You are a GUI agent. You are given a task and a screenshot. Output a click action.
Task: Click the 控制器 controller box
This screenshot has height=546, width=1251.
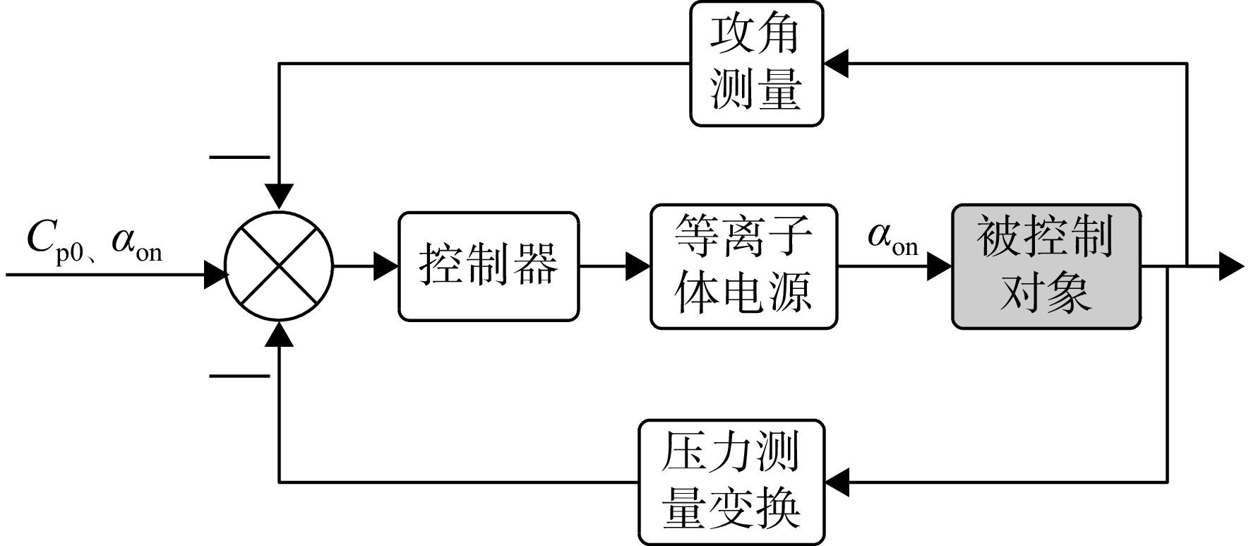(x=489, y=266)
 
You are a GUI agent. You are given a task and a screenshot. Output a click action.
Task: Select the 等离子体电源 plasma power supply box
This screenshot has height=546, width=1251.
(x=743, y=266)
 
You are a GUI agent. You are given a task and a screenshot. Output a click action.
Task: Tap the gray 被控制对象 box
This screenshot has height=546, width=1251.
(x=1046, y=266)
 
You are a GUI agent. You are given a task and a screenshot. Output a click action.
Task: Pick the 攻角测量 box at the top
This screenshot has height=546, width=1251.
(x=756, y=64)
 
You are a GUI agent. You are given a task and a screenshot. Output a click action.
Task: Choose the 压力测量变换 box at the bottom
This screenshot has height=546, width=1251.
(x=731, y=482)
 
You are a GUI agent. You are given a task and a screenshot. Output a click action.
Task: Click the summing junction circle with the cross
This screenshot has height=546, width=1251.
(x=280, y=266)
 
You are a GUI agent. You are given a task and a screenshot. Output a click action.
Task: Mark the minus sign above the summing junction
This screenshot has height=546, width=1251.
(x=240, y=157)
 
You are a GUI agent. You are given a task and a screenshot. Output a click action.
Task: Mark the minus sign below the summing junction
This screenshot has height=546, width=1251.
(x=240, y=376)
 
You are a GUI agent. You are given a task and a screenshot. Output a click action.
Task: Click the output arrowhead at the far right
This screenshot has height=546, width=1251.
(x=1231, y=266)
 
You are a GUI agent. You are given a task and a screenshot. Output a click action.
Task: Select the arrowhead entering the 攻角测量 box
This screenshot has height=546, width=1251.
(x=836, y=64)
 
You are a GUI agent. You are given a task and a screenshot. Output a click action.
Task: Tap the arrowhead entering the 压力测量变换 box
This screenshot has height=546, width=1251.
(x=837, y=482)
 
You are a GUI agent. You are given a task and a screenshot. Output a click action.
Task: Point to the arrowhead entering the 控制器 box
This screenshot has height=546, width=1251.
(x=386, y=266)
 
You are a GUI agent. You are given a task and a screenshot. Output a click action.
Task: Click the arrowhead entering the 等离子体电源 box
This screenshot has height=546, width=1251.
(x=638, y=266)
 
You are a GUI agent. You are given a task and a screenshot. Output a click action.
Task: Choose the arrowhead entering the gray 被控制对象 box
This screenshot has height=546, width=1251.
(x=940, y=266)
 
